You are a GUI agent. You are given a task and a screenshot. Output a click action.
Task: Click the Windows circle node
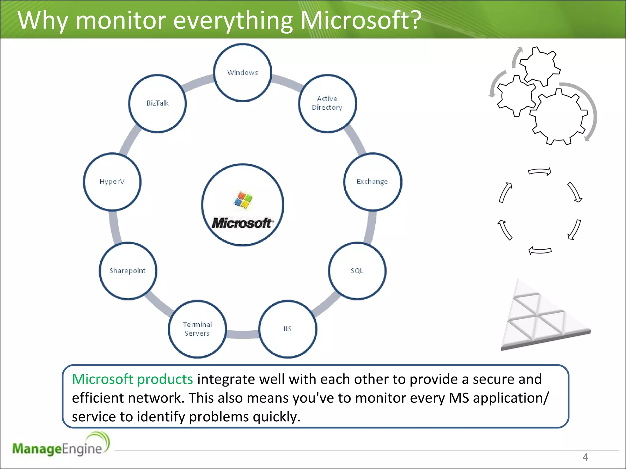(242, 72)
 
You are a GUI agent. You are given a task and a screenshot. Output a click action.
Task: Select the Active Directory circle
(327, 104)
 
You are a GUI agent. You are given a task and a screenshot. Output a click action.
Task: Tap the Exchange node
(372, 182)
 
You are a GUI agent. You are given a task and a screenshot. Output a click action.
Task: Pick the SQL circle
(357, 271)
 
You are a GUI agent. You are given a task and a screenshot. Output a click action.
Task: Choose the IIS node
(288, 329)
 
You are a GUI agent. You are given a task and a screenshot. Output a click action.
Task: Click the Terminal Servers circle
(197, 329)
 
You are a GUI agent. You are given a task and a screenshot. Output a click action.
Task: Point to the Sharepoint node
(128, 271)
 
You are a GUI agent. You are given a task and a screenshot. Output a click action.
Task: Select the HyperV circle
(112, 182)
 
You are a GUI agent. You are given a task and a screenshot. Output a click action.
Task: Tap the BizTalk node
(157, 104)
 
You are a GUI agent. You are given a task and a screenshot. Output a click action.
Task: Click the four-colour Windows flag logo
(243, 200)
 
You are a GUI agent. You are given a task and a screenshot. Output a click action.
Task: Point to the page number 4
(585, 457)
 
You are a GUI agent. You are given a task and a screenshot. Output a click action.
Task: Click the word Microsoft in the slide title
(361, 20)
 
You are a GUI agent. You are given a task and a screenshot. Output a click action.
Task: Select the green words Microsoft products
(132, 379)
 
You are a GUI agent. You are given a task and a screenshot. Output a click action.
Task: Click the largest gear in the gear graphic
(558, 116)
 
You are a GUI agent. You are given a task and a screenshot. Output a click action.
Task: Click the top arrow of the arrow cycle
(540, 172)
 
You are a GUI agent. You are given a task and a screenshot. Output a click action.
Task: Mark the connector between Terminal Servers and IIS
(243, 334)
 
